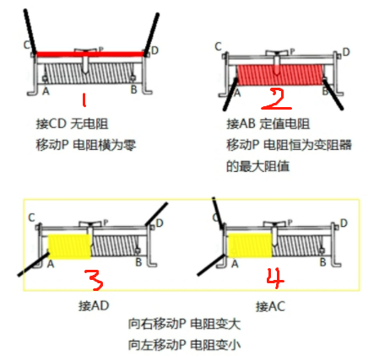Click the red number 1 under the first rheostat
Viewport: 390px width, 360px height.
(84, 100)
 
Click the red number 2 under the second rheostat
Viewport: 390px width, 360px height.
(276, 99)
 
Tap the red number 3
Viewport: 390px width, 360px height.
(94, 280)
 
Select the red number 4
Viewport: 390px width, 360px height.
(275, 277)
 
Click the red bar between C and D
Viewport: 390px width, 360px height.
(90, 54)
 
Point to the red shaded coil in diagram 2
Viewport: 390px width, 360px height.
(279, 75)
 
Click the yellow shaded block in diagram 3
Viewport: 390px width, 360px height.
(70, 246)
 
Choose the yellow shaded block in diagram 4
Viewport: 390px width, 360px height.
(250, 245)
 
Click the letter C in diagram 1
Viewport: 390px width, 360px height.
(27, 45)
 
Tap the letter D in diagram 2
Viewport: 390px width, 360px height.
(346, 52)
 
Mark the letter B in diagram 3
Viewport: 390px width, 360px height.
(138, 262)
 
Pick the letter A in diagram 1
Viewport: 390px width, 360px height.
(46, 91)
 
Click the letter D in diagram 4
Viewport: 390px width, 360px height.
(344, 223)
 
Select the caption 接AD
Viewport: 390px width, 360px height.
(94, 306)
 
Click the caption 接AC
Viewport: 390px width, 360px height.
(270, 306)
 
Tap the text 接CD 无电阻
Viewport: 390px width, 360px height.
(73, 124)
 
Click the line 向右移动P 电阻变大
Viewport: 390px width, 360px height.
(185, 324)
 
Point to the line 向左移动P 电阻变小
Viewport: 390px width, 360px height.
(185, 345)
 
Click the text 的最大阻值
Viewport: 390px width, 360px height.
(257, 166)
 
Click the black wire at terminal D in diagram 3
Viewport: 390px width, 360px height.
(156, 213)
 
